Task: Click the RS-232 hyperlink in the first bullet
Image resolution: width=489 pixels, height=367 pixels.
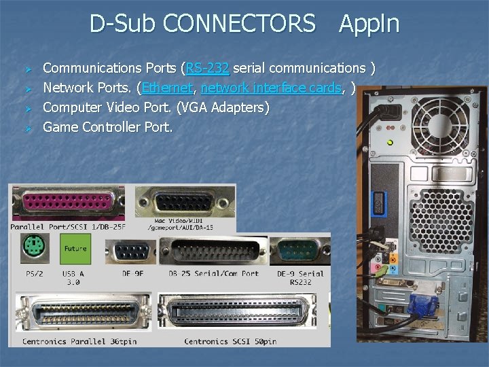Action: (x=208, y=68)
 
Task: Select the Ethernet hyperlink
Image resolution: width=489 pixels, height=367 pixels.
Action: (x=166, y=88)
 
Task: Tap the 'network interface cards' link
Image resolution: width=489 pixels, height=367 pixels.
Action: (x=271, y=88)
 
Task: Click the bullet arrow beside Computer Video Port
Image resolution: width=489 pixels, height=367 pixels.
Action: (x=29, y=108)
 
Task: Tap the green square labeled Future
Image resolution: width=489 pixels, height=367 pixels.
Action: (x=75, y=249)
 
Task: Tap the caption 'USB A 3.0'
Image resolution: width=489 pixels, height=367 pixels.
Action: (x=73, y=277)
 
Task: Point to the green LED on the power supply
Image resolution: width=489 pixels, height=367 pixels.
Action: (x=390, y=142)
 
